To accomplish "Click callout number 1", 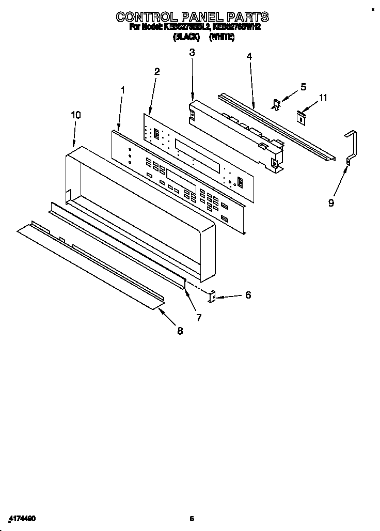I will pos(123,90).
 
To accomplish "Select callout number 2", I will pos(157,71).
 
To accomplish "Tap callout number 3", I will pos(192,52).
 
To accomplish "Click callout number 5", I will pos(303,87).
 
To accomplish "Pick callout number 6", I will pos(248,295).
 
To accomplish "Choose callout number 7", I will pos(199,318).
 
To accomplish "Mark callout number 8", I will pos(180,331).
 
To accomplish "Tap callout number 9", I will pos(331,203).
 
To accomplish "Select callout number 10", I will pos(75,115).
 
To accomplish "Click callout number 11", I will pos(323,97).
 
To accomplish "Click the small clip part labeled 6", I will pos(212,296).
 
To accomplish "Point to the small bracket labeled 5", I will pos(277,105).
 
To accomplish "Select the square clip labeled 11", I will pos(300,116).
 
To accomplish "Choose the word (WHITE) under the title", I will pos(221,37).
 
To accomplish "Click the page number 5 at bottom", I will pos(192,518).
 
